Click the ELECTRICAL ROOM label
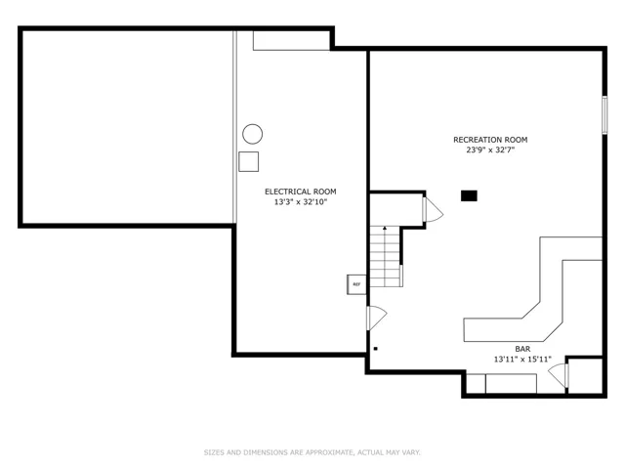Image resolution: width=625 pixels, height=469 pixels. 301,192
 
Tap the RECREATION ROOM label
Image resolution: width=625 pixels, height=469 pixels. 490,140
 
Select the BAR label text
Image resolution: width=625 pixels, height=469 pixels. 522,349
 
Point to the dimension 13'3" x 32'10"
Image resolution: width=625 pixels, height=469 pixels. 301,202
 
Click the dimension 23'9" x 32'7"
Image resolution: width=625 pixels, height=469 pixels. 490,150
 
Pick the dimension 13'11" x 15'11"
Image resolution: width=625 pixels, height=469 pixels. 522,360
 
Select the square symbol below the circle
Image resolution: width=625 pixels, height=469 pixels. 249,161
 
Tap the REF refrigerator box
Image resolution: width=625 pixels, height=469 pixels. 356,284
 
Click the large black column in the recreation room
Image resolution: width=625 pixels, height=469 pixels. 469,195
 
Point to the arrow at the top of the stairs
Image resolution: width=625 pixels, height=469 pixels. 385,228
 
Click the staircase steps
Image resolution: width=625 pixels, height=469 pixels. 385,256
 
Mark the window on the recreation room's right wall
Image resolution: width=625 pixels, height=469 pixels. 604,115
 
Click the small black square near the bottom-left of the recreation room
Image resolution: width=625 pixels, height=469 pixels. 375,349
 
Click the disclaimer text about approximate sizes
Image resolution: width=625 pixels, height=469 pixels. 312,452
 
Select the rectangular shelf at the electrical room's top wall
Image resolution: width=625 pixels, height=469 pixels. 291,40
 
